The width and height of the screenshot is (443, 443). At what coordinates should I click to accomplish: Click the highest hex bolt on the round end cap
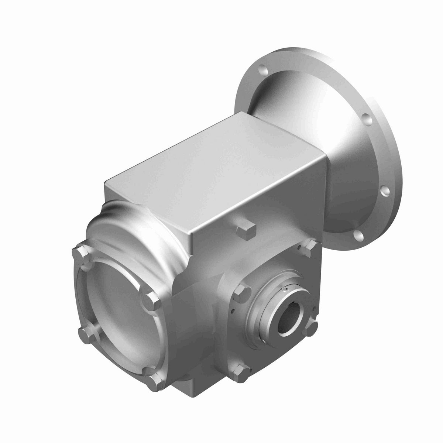pyautogui.click(x=80, y=254)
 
